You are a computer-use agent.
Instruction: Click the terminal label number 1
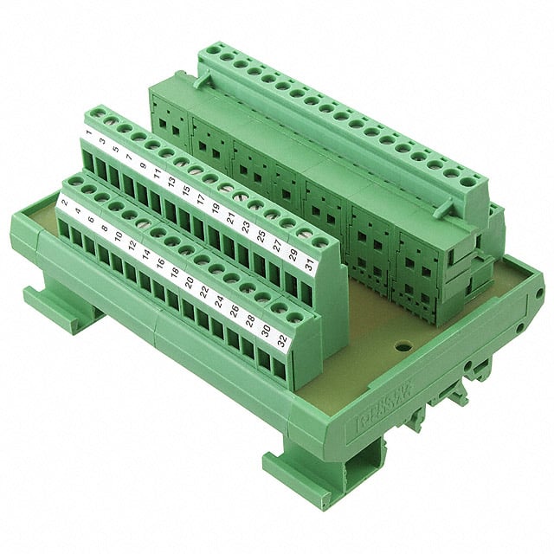89,134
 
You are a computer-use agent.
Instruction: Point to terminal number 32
281,338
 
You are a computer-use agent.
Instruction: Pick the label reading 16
160,261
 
